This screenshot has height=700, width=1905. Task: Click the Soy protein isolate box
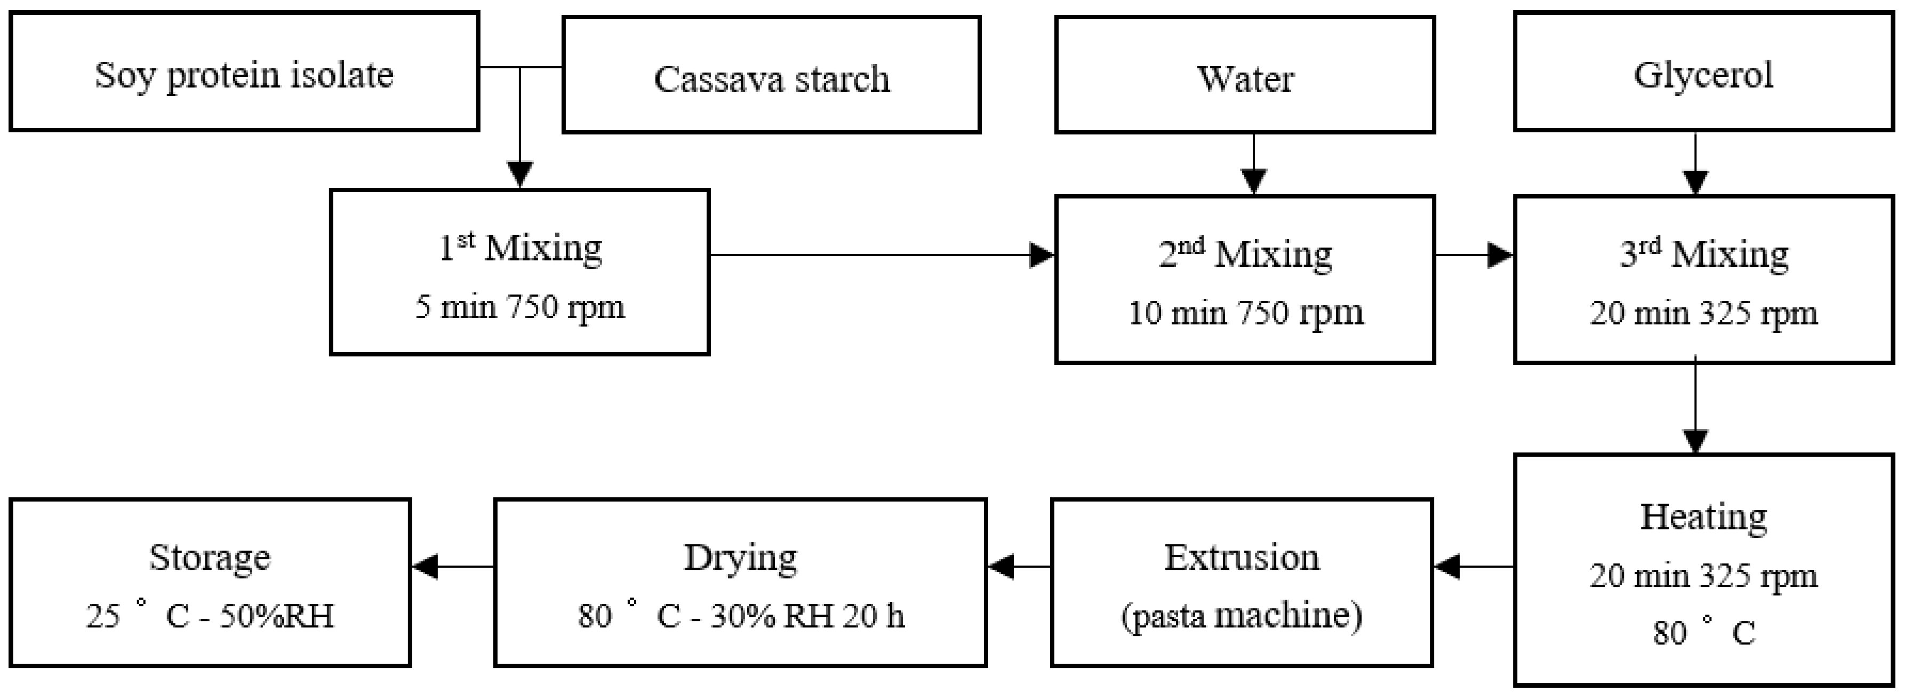244,73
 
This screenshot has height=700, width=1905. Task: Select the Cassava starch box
771,75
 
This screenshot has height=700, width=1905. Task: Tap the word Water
1245,78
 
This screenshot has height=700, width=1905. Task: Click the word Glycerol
1702,75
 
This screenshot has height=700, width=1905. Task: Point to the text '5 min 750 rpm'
520,306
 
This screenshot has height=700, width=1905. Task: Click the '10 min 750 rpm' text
1245,312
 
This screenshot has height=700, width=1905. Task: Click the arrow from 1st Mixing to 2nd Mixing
880,255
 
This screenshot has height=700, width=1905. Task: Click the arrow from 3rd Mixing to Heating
1695,407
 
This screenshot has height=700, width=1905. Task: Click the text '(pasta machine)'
1242,616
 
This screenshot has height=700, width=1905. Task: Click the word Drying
740,557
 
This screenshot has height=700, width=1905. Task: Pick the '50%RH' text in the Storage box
277,616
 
